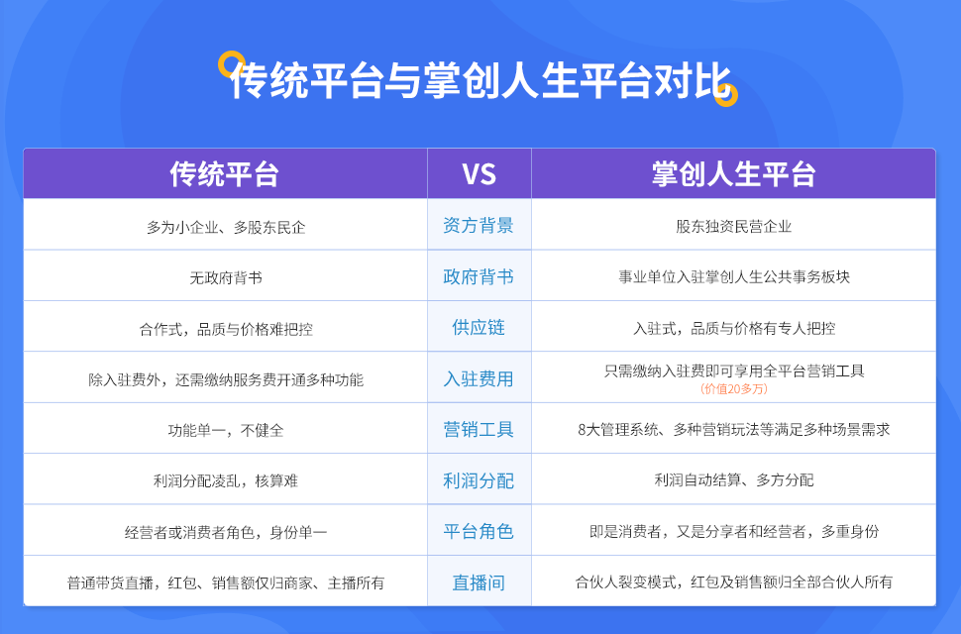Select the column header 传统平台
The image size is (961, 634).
[x=224, y=174]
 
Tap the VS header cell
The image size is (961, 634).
[x=479, y=174]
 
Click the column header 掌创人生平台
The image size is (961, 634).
[x=733, y=174]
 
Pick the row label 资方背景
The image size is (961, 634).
[x=479, y=225]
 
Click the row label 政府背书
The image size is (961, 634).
[x=479, y=276]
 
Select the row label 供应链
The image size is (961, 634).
[x=479, y=327]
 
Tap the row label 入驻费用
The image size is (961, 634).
[x=479, y=378]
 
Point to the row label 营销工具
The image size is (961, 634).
[x=479, y=429]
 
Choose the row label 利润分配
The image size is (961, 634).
[x=479, y=480]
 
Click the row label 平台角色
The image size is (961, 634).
[x=479, y=531]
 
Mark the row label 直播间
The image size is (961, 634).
[x=479, y=582]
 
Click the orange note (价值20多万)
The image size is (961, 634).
[x=733, y=389]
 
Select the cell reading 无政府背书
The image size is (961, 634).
[x=225, y=277]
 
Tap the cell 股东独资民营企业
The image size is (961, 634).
[x=733, y=226]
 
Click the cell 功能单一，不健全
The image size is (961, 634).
[x=225, y=430]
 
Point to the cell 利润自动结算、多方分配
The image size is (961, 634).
[x=733, y=480]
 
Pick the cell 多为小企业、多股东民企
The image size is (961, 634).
[x=225, y=226]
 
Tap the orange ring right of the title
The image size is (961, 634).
[x=726, y=95]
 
